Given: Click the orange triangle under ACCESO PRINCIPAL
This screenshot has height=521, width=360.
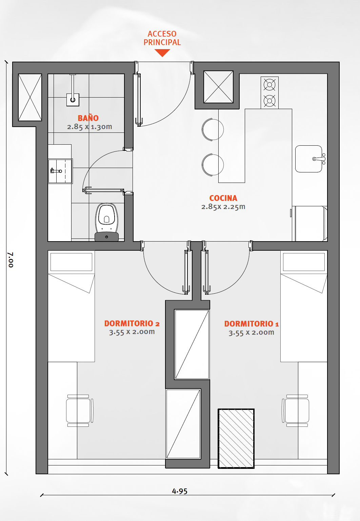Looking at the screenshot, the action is (162, 52).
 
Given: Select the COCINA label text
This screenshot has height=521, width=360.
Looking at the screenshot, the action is (223, 198).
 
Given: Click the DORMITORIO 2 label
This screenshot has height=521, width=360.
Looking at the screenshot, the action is (132, 323).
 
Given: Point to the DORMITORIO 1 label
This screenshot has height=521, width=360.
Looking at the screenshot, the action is (251, 324).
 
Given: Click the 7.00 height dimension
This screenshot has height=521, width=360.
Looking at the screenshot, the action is (11, 260).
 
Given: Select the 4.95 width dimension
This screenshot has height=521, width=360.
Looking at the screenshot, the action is (179, 491).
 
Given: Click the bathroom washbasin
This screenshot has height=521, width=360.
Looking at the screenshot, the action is (60, 171).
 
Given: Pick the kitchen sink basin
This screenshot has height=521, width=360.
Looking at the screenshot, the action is (309, 159).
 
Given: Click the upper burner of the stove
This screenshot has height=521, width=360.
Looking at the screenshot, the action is (269, 85).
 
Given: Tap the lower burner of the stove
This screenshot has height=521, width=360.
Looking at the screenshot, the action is (269, 101).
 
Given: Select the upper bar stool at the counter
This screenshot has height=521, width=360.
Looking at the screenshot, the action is (213, 129).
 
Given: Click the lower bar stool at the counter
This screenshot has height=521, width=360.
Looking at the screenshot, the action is (213, 165).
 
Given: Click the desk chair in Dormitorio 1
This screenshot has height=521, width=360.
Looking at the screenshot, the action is (296, 411).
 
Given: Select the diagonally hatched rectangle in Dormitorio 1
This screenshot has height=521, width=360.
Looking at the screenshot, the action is (236, 438).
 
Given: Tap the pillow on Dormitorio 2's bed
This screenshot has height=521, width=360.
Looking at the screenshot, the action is (71, 262).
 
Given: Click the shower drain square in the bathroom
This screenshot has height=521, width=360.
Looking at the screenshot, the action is (73, 100).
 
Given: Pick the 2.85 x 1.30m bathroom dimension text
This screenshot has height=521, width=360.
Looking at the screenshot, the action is (89, 127).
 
